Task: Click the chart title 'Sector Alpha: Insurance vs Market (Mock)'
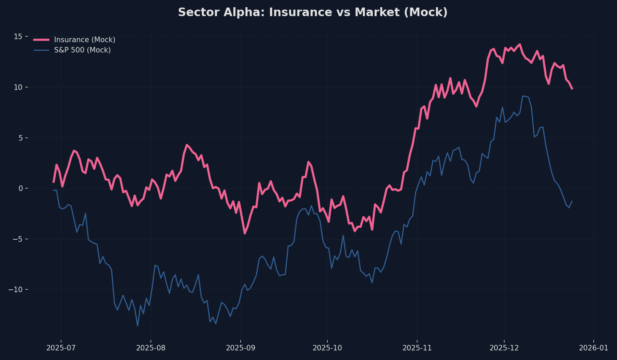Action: click(x=313, y=12)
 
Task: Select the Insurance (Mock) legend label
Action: click(x=85, y=40)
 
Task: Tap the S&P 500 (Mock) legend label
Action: click(x=82, y=50)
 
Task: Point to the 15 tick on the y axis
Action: click(x=18, y=36)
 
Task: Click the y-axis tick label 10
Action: click(x=18, y=87)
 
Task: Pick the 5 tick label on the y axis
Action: click(x=20, y=138)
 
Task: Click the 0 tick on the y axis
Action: click(x=20, y=188)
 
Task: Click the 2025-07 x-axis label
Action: click(x=61, y=348)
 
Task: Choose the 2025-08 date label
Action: click(x=151, y=348)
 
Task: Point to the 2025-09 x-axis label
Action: click(x=241, y=348)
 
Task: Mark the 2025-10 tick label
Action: click(x=327, y=348)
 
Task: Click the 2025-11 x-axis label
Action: click(x=417, y=348)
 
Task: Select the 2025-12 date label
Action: click(x=504, y=348)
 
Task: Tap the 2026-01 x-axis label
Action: click(x=594, y=348)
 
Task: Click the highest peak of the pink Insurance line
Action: click(x=520, y=44)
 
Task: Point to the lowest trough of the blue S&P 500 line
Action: click(x=137, y=326)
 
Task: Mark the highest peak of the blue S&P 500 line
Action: click(x=523, y=96)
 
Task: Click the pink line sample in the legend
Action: click(x=41, y=40)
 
